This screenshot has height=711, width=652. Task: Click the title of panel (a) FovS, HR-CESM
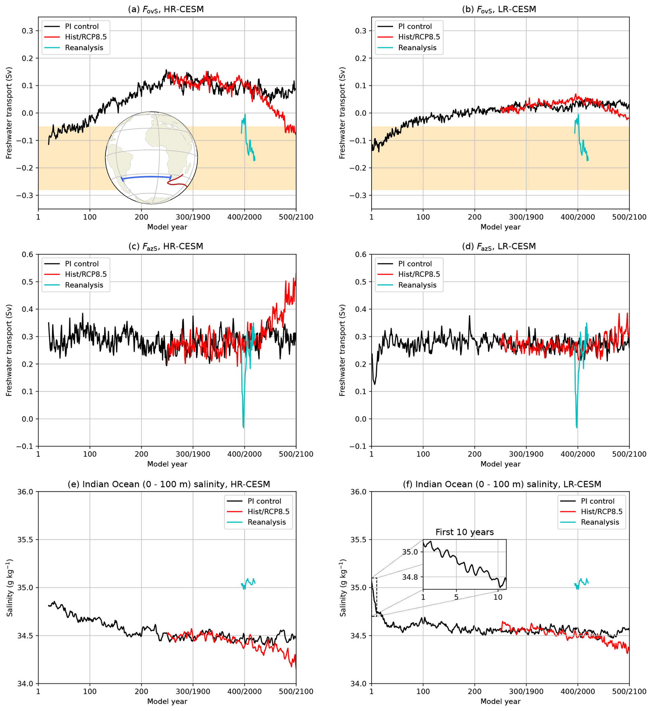click(x=166, y=9)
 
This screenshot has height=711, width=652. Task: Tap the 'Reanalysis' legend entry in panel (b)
click(x=417, y=48)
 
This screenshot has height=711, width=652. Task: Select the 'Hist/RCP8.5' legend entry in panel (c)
click(x=85, y=274)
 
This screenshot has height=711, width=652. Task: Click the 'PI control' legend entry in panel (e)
click(x=264, y=501)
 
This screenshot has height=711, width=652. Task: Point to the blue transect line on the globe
click(x=146, y=177)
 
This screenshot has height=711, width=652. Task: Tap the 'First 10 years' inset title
click(x=464, y=532)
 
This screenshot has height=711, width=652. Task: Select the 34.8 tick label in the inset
click(x=410, y=577)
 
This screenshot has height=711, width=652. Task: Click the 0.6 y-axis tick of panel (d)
click(x=361, y=254)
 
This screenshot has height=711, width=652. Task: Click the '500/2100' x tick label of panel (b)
click(x=629, y=217)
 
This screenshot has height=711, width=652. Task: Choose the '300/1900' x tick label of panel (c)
click(x=193, y=454)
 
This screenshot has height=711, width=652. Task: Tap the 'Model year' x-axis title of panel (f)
click(x=500, y=701)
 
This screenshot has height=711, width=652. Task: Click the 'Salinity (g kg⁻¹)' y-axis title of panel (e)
click(x=9, y=588)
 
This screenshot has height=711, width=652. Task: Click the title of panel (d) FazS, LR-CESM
click(x=499, y=247)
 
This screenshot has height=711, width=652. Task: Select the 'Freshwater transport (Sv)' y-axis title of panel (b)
click(x=342, y=113)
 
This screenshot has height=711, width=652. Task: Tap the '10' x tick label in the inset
click(x=497, y=597)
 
